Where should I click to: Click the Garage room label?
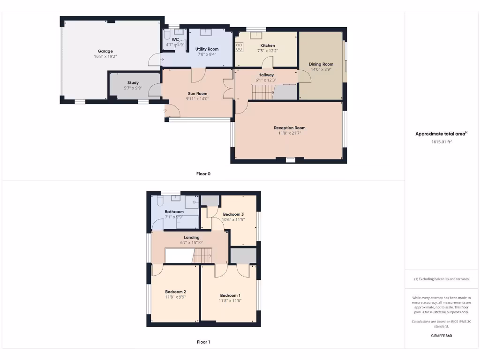point(105,51)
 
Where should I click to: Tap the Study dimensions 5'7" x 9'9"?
point(133,88)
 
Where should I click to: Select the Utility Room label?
point(207,49)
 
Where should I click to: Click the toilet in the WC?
point(167,35)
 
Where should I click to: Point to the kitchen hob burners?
point(239,46)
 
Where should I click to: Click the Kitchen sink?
point(256,34)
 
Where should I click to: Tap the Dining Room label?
point(321,64)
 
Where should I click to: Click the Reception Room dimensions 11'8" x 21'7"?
point(289,133)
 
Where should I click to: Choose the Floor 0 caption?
point(203,174)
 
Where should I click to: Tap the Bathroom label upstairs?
point(174,212)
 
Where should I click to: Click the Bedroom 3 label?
point(233,214)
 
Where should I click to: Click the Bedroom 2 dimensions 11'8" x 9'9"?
point(175,297)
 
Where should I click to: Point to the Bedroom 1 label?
point(230,295)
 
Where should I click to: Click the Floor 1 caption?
point(203,342)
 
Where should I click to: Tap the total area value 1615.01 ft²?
point(441,141)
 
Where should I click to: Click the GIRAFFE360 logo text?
point(441,336)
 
